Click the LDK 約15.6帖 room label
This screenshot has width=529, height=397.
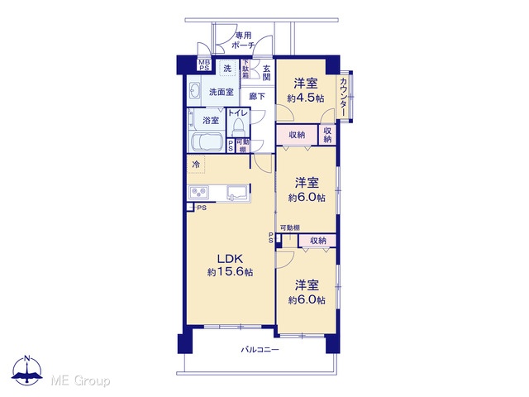230,265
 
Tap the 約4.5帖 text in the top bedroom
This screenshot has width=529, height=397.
306,98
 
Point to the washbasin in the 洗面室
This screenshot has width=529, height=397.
195,91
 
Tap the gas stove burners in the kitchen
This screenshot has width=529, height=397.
198,193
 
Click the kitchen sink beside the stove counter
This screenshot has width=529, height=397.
238,194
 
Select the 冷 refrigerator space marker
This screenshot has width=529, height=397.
196,165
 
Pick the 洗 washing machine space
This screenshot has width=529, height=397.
227,69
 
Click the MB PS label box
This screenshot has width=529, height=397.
204,65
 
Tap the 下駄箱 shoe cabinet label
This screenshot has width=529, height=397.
245,69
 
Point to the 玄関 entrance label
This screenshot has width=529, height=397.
266,73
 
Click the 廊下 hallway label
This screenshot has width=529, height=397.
257,97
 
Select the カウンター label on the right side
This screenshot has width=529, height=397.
343,98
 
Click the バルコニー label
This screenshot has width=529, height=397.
260,349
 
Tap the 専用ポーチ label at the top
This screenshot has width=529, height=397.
243,41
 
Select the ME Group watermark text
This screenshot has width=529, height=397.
80,381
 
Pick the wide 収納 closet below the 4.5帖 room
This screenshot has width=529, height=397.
298,135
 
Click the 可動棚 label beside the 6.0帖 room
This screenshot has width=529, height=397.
290,228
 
